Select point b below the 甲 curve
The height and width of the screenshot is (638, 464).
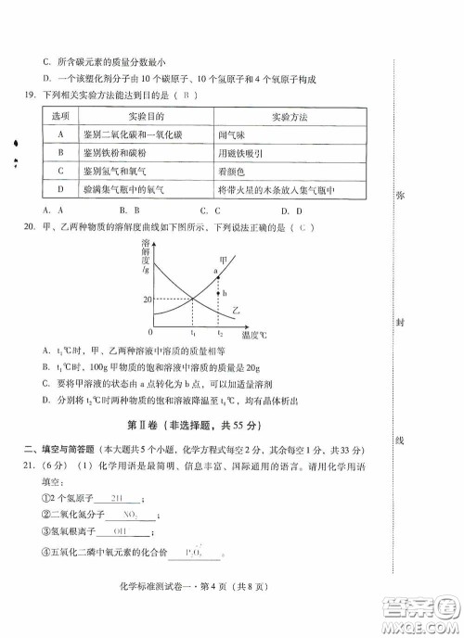tap(223, 293)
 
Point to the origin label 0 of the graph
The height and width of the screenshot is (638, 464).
tap(150, 331)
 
